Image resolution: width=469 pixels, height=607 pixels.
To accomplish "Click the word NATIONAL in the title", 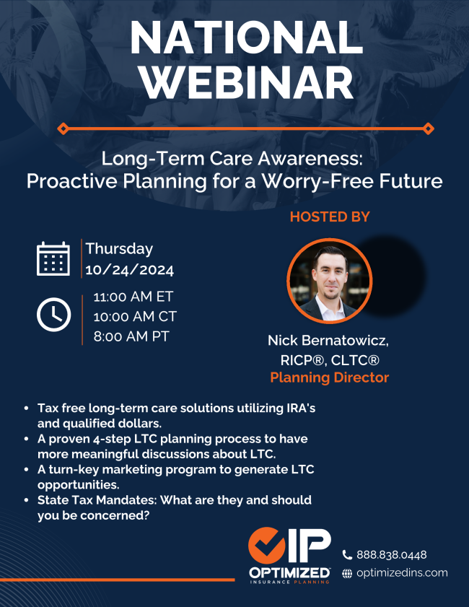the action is click(247, 38).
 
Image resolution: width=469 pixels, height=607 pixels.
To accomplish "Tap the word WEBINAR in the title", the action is click(247, 83).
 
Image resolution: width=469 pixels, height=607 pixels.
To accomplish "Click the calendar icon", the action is click(53, 259).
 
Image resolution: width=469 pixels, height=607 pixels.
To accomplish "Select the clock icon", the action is click(54, 315).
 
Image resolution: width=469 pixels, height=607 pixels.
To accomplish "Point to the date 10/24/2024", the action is click(130, 270).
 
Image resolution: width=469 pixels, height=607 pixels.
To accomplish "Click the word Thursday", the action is click(119, 249).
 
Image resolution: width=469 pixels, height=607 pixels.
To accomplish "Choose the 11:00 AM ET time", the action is click(133, 297).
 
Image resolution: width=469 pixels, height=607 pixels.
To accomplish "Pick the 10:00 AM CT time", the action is click(135, 317).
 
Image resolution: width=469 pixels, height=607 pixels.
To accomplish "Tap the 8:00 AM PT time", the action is click(131, 336).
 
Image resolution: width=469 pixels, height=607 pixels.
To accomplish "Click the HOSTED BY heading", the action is click(330, 217).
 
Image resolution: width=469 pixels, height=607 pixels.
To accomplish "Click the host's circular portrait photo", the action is click(330, 281).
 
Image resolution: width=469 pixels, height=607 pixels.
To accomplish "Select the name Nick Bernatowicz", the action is click(328, 341).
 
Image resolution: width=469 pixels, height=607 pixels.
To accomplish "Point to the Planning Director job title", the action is click(330, 377).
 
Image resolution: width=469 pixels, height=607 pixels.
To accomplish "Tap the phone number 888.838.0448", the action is click(392, 555).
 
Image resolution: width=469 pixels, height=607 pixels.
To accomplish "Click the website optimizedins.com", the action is click(402, 573).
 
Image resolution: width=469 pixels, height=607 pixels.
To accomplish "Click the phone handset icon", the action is click(347, 555).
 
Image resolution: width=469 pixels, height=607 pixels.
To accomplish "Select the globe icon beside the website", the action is click(347, 574).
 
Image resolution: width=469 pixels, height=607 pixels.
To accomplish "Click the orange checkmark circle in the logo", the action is click(267, 546).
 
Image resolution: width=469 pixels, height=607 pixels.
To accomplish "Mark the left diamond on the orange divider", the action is click(63, 128).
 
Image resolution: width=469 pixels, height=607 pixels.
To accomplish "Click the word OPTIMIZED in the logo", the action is click(289, 572).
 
